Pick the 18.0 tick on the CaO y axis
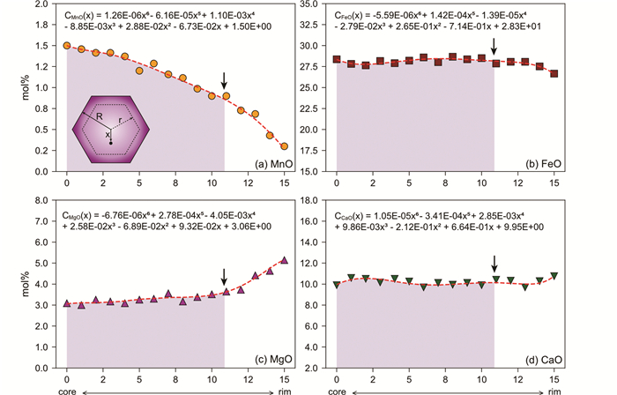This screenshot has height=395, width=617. [308, 200]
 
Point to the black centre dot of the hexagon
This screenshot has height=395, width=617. [110, 142]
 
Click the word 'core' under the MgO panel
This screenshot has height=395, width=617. [67, 388]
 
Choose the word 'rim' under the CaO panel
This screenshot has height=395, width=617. [554, 388]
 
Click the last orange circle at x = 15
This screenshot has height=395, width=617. [284, 146]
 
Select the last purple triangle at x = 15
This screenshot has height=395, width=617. [284, 260]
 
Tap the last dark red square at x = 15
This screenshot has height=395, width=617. [554, 74]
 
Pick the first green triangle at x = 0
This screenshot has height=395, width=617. [337, 285]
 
